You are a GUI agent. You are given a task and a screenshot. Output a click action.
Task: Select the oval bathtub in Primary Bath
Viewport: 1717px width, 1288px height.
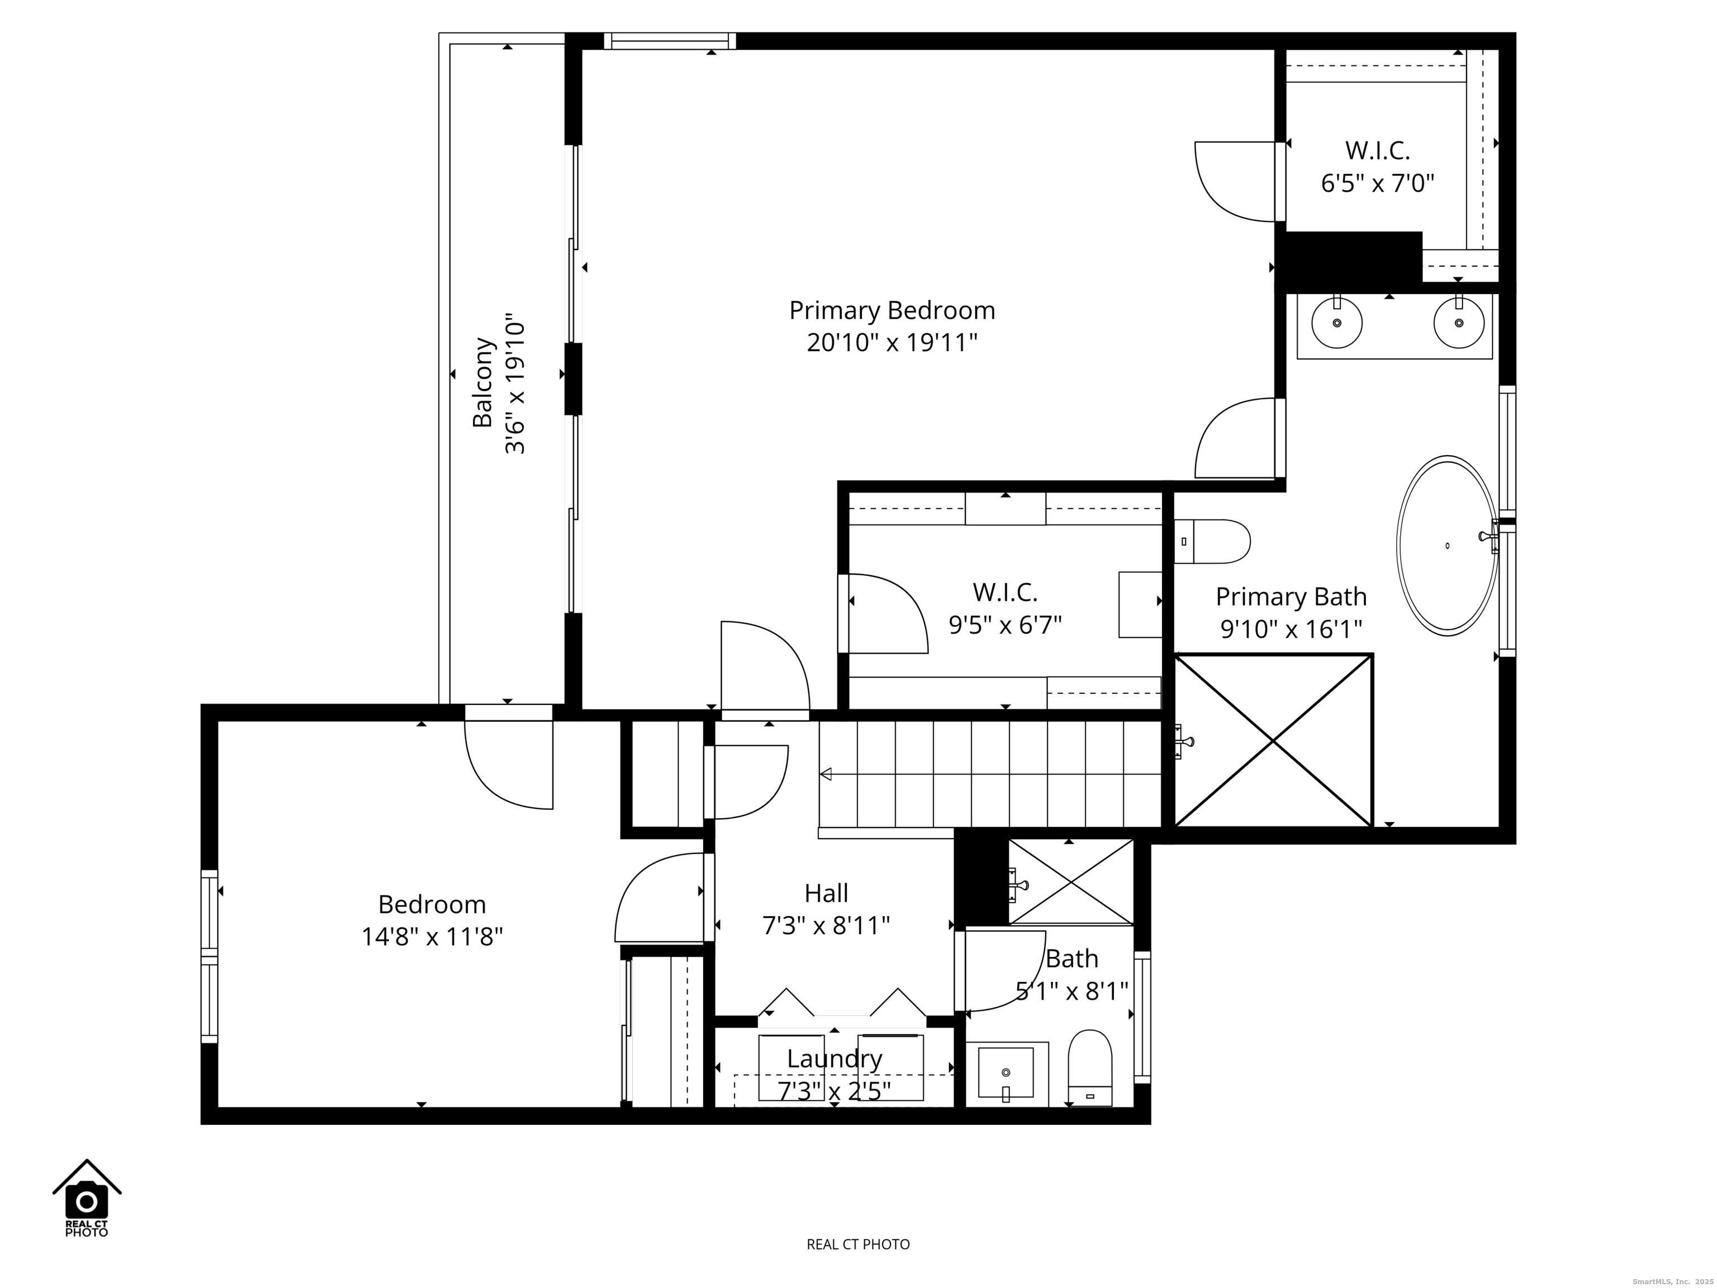point(1447,546)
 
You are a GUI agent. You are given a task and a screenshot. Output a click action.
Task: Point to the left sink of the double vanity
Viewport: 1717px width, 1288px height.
point(1336,322)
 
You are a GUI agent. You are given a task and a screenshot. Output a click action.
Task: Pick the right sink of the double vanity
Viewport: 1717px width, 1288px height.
point(1459,322)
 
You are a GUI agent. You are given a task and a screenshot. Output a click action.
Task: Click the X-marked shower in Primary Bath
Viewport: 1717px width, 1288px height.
point(1273,741)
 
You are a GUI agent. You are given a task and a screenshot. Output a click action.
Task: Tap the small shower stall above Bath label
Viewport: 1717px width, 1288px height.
point(1070,882)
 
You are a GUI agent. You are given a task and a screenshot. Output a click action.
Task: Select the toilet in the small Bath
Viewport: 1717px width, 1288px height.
point(1090,1068)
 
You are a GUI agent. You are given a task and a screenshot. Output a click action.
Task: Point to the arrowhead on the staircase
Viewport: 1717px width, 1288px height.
point(826,774)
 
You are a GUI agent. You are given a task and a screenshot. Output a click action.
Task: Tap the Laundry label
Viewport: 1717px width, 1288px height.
point(834,1059)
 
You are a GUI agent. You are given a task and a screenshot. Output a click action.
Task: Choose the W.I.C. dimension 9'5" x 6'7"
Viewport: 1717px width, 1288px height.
point(1005,625)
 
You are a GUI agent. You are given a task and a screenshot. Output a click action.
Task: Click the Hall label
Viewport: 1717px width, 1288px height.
point(826,893)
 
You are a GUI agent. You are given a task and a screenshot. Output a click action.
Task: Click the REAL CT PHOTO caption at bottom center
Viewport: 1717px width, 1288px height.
point(858,1244)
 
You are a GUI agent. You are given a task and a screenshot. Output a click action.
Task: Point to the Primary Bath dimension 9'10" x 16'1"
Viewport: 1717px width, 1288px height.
point(1291,629)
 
